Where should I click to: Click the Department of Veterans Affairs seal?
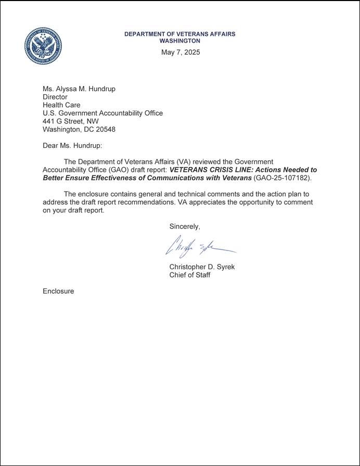click(x=43, y=46)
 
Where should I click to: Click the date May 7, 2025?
click(x=180, y=52)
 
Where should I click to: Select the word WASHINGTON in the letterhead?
click(x=179, y=41)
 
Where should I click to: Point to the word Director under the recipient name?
click(x=55, y=97)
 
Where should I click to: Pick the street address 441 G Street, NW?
click(x=71, y=121)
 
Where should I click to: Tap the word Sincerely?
click(x=185, y=226)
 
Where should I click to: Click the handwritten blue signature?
click(x=200, y=247)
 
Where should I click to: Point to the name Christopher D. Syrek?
click(x=202, y=267)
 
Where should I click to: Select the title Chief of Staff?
click(x=190, y=275)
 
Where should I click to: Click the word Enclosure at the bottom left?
click(x=58, y=291)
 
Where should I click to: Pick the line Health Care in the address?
click(x=61, y=105)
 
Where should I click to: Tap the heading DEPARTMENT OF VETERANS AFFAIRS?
click(x=179, y=34)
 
